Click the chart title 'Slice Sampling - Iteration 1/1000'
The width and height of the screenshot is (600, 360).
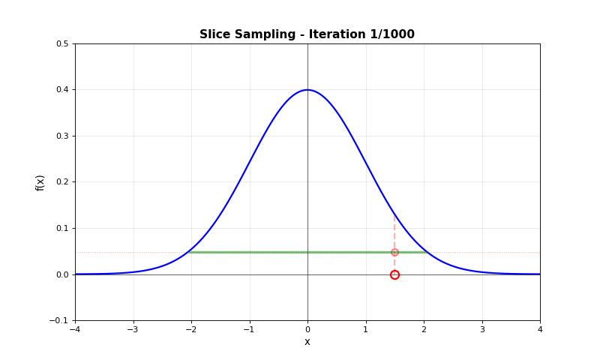click(307, 34)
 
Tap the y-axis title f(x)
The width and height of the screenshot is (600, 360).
click(40, 182)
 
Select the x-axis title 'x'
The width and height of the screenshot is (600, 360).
click(307, 342)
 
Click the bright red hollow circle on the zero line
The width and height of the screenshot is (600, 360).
click(394, 274)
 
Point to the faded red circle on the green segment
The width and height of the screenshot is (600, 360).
click(394, 252)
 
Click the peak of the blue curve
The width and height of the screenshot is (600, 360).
click(307, 90)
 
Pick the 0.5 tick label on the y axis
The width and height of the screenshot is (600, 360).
click(62, 43)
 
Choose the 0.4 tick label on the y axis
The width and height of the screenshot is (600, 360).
click(62, 90)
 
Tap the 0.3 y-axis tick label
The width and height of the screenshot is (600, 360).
click(62, 136)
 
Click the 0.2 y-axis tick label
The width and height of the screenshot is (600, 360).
click(62, 182)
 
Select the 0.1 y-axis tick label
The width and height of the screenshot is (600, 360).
click(62, 228)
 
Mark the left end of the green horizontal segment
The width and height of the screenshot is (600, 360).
click(190, 252)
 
